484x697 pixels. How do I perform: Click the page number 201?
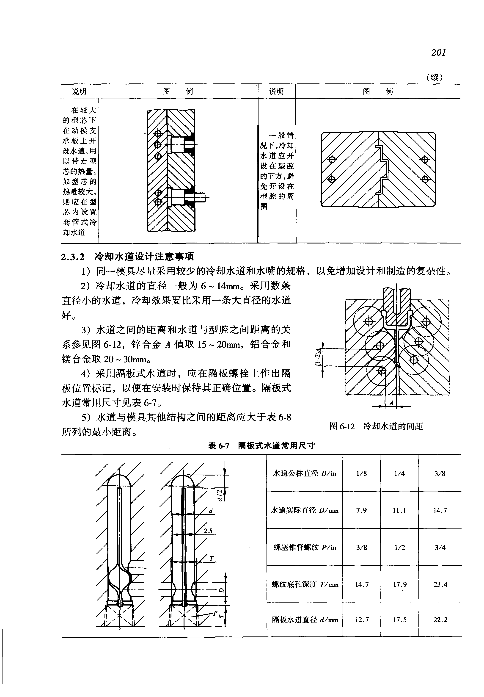pos(439,53)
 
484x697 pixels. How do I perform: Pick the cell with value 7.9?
pos(361,510)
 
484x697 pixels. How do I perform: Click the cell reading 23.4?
pos(440,584)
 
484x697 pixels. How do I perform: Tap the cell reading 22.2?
pos(440,620)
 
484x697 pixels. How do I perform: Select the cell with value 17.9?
pos(400,584)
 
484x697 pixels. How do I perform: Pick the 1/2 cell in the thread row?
pos(400,548)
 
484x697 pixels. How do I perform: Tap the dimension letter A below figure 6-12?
pos(391,403)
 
